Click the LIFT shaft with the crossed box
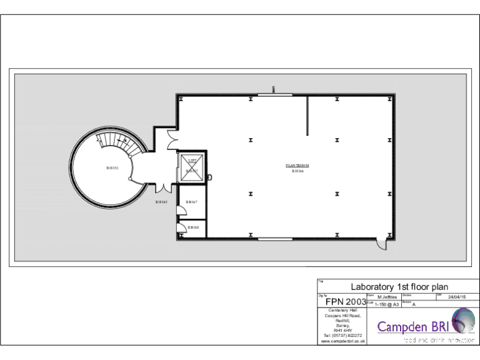[192, 167]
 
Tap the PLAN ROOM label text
[297, 166]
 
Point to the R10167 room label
[192, 202]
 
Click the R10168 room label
[193, 227]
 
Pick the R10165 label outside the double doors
[161, 202]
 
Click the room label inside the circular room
[112, 168]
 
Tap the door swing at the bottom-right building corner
[382, 245]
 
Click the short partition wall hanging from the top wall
[307, 116]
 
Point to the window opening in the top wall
[275, 95]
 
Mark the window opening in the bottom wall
[275, 239]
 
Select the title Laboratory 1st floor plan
[399, 287]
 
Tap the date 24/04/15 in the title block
[457, 297]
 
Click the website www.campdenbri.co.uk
[342, 341]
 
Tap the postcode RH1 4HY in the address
[342, 330]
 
